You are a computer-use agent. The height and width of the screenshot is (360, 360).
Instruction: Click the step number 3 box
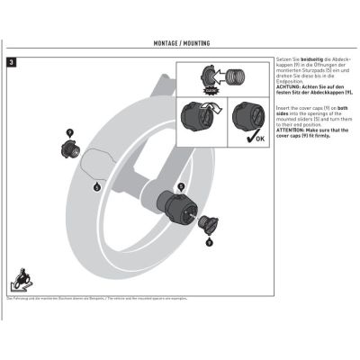click(x=11, y=63)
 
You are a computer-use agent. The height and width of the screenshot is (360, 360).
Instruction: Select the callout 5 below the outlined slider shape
click(x=96, y=187)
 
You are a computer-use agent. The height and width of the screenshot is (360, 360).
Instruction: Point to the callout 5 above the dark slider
click(x=181, y=184)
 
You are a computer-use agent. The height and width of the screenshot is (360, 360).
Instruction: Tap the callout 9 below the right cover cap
click(x=209, y=242)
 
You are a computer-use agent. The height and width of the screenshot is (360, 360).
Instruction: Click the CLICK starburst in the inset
click(x=212, y=90)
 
